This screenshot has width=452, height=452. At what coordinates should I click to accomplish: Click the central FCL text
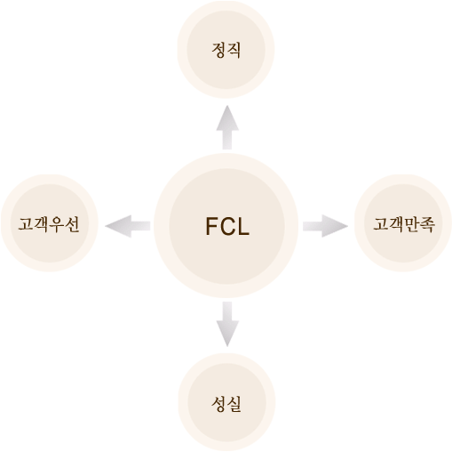coord(227,226)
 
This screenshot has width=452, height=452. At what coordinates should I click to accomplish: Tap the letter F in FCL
coord(211,226)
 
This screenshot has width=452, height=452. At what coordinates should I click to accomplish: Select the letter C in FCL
coord(227,226)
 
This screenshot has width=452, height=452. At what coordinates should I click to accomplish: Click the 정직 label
coord(226,50)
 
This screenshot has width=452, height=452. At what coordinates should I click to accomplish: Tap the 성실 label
coord(226,404)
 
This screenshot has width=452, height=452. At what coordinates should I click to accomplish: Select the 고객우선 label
coord(49,224)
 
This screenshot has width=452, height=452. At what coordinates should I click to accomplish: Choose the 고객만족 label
coord(404,224)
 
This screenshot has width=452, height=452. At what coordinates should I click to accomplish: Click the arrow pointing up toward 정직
coord(227,127)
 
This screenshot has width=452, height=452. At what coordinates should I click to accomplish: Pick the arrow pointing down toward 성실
coord(227,324)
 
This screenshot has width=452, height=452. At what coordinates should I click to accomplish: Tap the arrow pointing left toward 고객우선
coord(128,226)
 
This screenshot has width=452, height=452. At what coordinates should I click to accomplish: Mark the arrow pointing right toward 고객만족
coord(325,226)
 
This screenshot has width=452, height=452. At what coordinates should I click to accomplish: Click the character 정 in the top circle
coord(218,50)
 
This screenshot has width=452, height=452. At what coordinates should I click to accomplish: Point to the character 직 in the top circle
coord(234,50)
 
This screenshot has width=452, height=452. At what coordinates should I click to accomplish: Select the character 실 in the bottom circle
coord(234,404)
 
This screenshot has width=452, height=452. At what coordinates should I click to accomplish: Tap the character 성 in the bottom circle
coord(218,404)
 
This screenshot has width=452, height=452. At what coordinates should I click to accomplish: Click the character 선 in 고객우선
coord(73,224)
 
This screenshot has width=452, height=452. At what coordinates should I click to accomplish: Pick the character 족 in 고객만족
coord(428,224)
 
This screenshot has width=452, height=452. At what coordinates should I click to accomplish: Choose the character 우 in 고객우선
coord(57,224)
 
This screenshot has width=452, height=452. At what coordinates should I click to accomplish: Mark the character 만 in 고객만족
coord(412,224)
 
